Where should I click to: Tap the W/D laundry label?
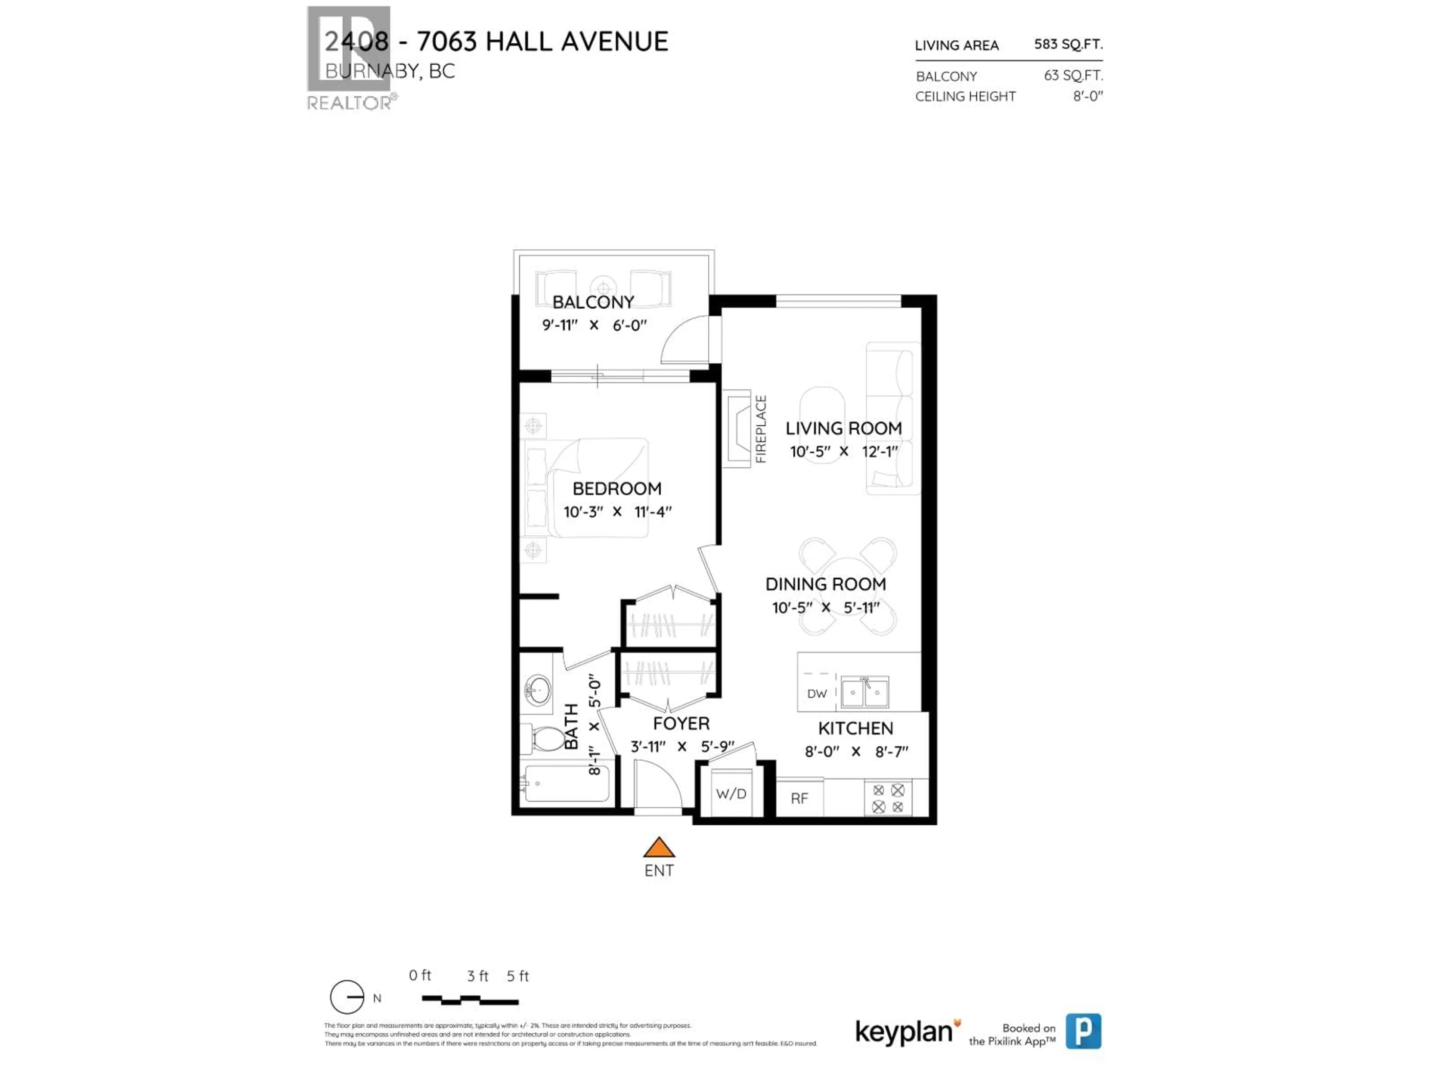[731, 794]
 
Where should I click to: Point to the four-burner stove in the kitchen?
[888, 798]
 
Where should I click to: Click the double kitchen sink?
[865, 692]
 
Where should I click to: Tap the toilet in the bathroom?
[546, 739]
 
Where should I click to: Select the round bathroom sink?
[537, 689]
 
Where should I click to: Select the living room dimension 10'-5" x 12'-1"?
[844, 451]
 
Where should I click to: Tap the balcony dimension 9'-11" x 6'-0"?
[594, 325]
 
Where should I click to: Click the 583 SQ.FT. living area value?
[1068, 44]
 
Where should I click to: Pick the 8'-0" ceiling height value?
[1087, 96]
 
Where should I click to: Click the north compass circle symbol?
[347, 997]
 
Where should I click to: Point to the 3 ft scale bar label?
[478, 975]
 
